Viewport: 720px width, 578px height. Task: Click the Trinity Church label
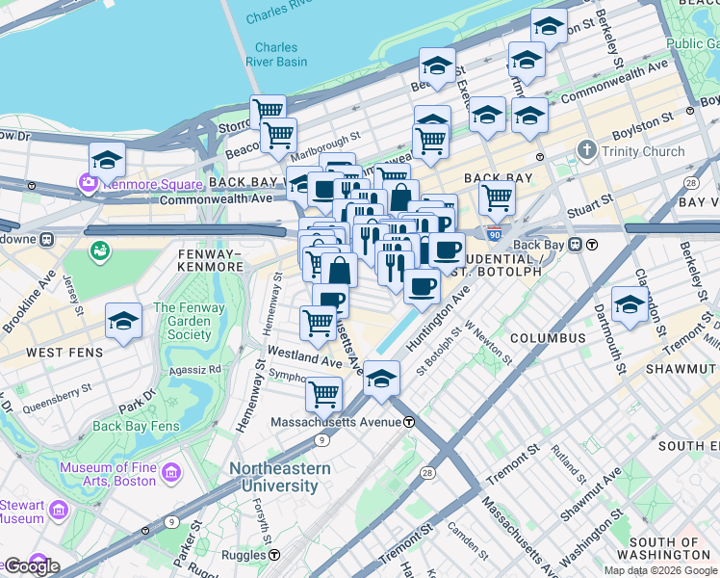[643, 151]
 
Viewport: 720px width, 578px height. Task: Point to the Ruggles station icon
[274, 555]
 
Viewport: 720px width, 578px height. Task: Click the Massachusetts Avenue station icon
[409, 422]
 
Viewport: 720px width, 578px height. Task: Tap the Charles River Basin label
[281, 55]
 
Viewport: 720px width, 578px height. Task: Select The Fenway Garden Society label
[182, 322]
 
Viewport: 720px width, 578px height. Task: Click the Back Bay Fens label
[136, 426]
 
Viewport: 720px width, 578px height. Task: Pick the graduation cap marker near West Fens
[123, 322]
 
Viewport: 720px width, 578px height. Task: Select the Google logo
[31, 565]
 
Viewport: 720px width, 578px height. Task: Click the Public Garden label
[697, 43]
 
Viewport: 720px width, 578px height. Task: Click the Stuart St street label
[593, 201]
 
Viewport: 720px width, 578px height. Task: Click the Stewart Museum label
[21, 512]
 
